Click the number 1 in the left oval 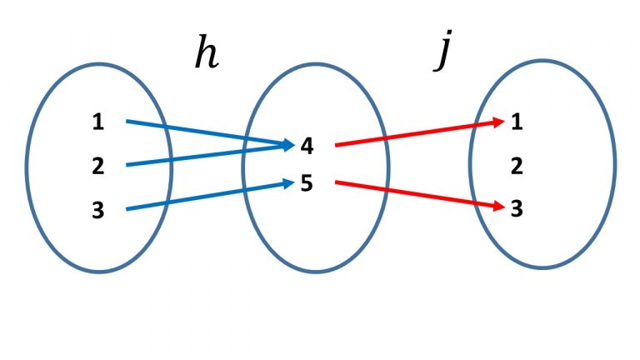[x=98, y=122]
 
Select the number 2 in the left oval [x=98, y=166]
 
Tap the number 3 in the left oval [x=98, y=210]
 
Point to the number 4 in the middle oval [x=307, y=146]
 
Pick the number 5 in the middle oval [x=307, y=183]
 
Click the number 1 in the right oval [x=517, y=122]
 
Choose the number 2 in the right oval [x=517, y=166]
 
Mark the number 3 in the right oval [x=517, y=208]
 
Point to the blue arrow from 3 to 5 [x=200, y=197]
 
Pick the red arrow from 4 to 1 [x=417, y=134]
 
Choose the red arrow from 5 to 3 [x=417, y=193]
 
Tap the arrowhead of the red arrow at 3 [x=499, y=205]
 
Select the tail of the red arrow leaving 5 [x=337, y=182]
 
